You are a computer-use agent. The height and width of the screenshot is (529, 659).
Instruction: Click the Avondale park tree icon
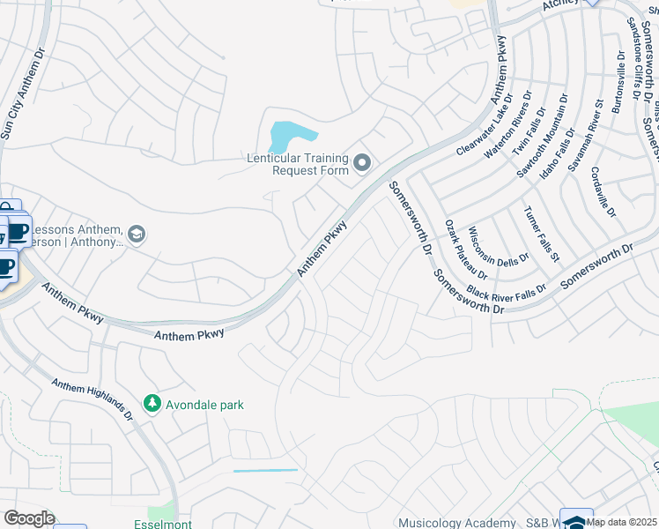[x=152, y=404]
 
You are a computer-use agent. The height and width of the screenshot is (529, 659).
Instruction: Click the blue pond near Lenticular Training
[x=290, y=136]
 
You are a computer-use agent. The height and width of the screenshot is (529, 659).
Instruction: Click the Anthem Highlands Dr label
[x=92, y=399]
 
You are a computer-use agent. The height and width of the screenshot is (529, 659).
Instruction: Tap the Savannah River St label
[x=585, y=134]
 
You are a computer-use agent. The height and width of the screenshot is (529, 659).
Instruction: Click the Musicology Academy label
[x=456, y=523]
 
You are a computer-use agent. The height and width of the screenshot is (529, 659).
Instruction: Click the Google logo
[x=28, y=518]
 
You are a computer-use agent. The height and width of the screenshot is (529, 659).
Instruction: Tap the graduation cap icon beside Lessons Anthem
[x=136, y=234]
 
